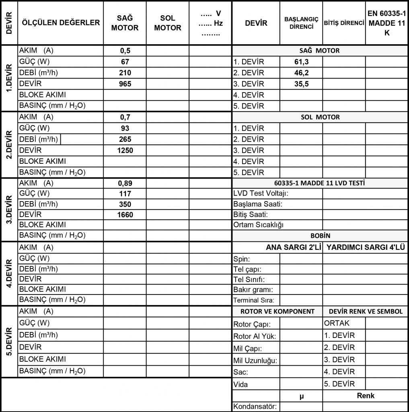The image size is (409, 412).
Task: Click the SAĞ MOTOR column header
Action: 125,23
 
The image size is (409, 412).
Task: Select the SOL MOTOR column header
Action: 167,23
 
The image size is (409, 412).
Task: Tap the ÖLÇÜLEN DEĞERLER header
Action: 61,23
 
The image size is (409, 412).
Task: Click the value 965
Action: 125,84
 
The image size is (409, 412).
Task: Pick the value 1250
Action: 125,150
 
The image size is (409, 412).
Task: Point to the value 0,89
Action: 125,183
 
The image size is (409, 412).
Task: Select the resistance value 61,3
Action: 301,62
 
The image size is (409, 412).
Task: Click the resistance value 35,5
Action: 301,84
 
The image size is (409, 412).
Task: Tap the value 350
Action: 125,204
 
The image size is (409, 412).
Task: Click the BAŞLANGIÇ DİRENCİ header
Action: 301,23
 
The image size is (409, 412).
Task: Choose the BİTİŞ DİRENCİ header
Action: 344,23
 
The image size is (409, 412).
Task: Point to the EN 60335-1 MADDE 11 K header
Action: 386,23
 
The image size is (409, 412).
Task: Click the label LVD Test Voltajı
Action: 261,194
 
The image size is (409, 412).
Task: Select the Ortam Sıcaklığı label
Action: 258,225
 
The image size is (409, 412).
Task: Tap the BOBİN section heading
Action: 320,236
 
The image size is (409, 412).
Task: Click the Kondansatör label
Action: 255,406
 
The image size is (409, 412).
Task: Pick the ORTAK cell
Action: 337,323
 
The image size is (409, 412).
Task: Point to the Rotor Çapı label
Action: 251,325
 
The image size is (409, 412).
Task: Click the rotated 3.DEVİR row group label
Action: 10,209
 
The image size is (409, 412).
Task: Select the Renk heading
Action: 365,396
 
